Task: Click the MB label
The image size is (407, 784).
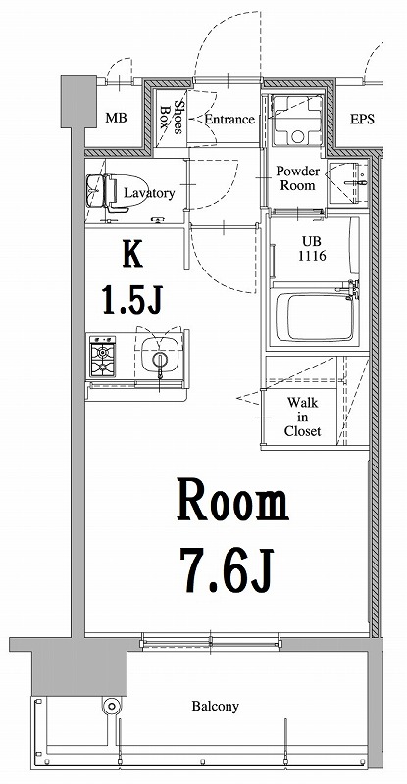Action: click(x=116, y=119)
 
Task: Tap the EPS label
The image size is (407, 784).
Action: click(x=362, y=119)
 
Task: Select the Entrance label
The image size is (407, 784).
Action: click(x=229, y=120)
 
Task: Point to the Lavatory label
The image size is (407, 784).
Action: click(x=150, y=193)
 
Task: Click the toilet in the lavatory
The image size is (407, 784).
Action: click(x=101, y=191)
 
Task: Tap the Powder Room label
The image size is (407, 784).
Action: click(x=296, y=177)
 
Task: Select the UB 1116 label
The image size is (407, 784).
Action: click(x=312, y=249)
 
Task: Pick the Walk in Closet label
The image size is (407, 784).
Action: click(x=302, y=416)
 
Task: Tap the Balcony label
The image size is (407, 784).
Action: click(x=215, y=706)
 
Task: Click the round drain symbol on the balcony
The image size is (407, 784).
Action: click(x=110, y=706)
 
